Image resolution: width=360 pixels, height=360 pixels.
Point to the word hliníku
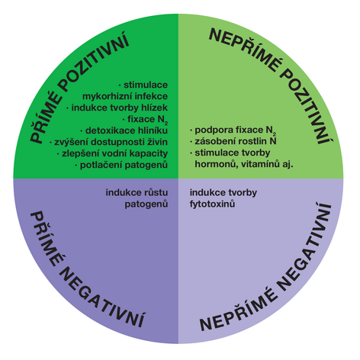pyautogui.click(x=153, y=130)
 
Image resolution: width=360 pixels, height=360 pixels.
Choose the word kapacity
pyautogui.click(x=149, y=153)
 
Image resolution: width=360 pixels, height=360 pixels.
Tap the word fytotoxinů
pyautogui.click(x=212, y=204)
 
